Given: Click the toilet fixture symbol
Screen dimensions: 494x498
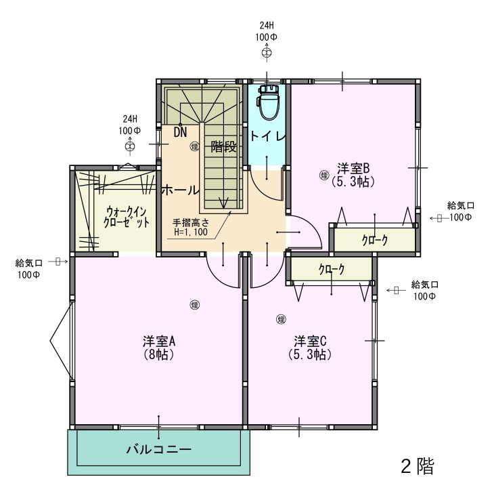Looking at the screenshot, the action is click(x=269, y=102).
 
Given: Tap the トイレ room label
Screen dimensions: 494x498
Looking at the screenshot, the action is click(x=267, y=136).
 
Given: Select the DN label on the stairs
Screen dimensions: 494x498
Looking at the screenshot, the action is click(x=180, y=132).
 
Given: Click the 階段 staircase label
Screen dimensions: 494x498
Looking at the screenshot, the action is click(x=224, y=147).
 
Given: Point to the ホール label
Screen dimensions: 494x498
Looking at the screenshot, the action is click(x=180, y=190).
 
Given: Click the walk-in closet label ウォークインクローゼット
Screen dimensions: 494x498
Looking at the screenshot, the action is click(x=127, y=217).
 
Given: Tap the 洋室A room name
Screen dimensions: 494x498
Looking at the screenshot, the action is click(x=159, y=341).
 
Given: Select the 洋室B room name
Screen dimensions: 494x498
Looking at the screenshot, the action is click(x=354, y=168).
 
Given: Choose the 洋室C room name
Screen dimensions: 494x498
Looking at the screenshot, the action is click(x=310, y=341).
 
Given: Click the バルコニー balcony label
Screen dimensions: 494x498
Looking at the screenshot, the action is click(x=159, y=449).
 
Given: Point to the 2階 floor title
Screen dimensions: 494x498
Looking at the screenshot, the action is click(x=418, y=466).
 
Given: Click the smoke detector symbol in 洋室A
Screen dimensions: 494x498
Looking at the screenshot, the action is click(x=195, y=305).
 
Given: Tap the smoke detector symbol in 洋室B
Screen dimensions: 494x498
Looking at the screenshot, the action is click(x=324, y=175).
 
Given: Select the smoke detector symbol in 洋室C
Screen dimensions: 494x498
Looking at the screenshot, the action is click(x=281, y=319).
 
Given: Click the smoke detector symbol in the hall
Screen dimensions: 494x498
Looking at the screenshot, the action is click(x=194, y=146).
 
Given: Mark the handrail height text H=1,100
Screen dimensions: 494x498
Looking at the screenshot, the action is click(x=191, y=232).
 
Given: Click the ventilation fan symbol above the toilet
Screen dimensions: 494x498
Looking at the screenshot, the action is click(x=267, y=53).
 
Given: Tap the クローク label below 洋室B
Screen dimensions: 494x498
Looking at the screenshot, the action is click(x=375, y=240).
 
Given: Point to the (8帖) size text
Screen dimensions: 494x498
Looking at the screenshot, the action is click(x=158, y=354).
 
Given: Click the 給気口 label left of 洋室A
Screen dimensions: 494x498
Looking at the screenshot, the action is click(x=29, y=263).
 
